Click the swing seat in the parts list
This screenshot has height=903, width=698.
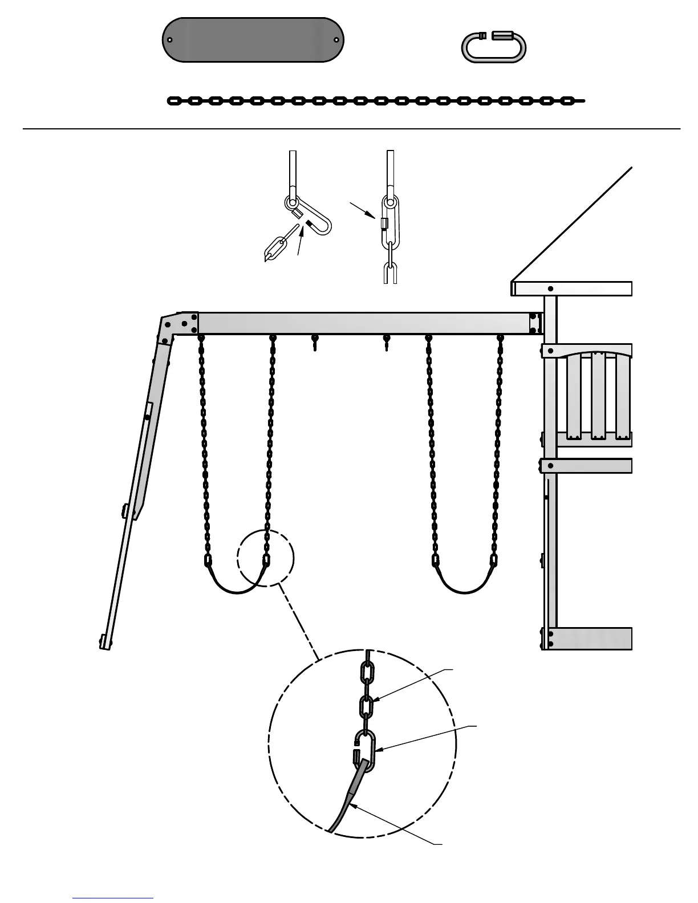point(253,40)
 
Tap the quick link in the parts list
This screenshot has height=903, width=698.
point(493,47)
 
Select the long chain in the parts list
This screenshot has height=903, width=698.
point(376,101)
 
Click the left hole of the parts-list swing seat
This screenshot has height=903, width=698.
point(170,40)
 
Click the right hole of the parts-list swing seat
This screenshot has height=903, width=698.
point(336,40)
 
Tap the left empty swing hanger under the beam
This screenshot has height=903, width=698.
point(315,342)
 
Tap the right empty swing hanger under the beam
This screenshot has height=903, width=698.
point(387,342)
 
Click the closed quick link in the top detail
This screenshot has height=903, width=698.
point(389,221)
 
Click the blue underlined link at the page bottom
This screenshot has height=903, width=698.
point(113,898)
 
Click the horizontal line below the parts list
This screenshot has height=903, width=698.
point(351,129)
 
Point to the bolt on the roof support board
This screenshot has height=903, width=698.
point(550,288)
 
